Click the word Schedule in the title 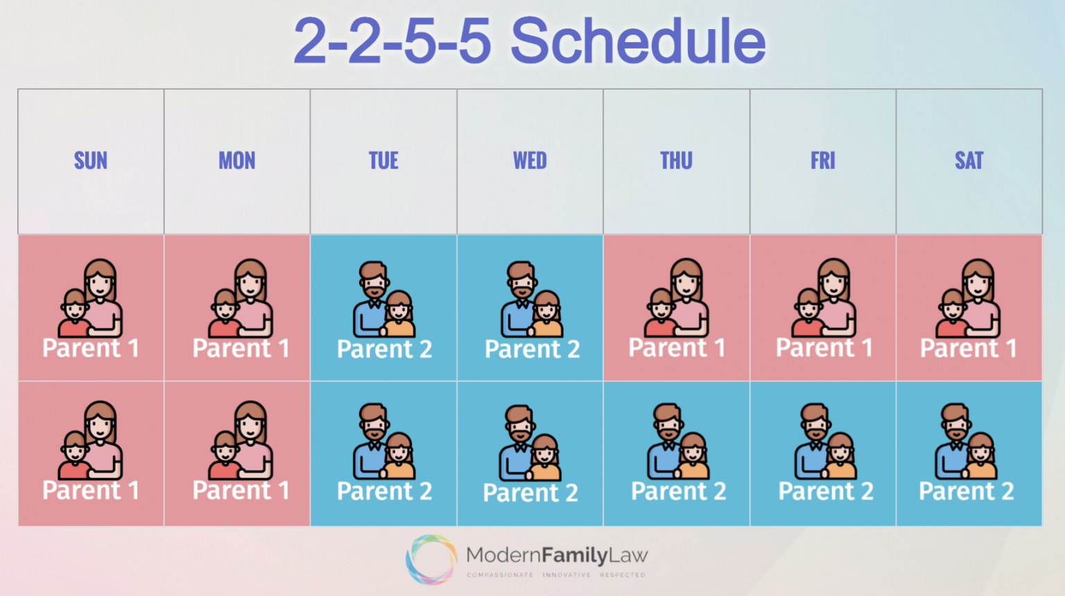(638, 42)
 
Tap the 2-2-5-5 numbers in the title (392, 42)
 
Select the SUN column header (91, 161)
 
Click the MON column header (237, 161)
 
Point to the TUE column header (383, 161)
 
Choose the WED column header (530, 161)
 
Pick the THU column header (676, 161)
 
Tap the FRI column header (823, 161)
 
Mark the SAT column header (969, 161)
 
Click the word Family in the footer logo (575, 555)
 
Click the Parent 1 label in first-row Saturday (968, 348)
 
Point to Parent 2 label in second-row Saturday (966, 491)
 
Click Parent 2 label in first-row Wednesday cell (532, 349)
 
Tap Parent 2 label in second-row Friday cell (825, 491)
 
